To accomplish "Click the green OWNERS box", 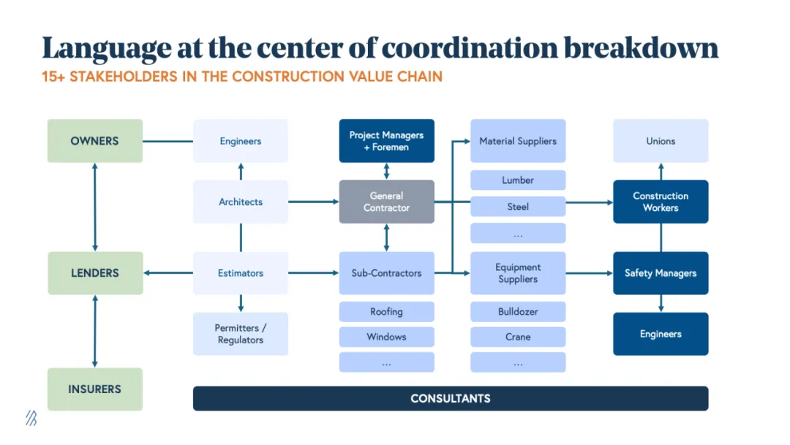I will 95,141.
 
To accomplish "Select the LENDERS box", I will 95,273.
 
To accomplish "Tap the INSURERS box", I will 95,389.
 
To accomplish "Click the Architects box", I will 241,202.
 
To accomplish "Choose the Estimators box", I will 241,273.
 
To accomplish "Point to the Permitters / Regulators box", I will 241,334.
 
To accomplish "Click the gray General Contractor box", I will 386,202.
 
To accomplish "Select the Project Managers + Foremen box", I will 386,141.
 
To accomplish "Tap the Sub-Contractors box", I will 386,273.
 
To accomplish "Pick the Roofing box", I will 386,312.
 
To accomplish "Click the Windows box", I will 386,337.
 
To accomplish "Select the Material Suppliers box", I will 518,141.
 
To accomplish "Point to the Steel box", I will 518,207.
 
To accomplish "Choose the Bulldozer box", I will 518,312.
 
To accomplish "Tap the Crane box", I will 518,337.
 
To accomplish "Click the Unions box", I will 661,141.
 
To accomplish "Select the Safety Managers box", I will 661,273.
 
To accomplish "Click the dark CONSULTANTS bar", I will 451,399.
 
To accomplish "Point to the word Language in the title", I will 105,48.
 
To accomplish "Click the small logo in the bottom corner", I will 31,418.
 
